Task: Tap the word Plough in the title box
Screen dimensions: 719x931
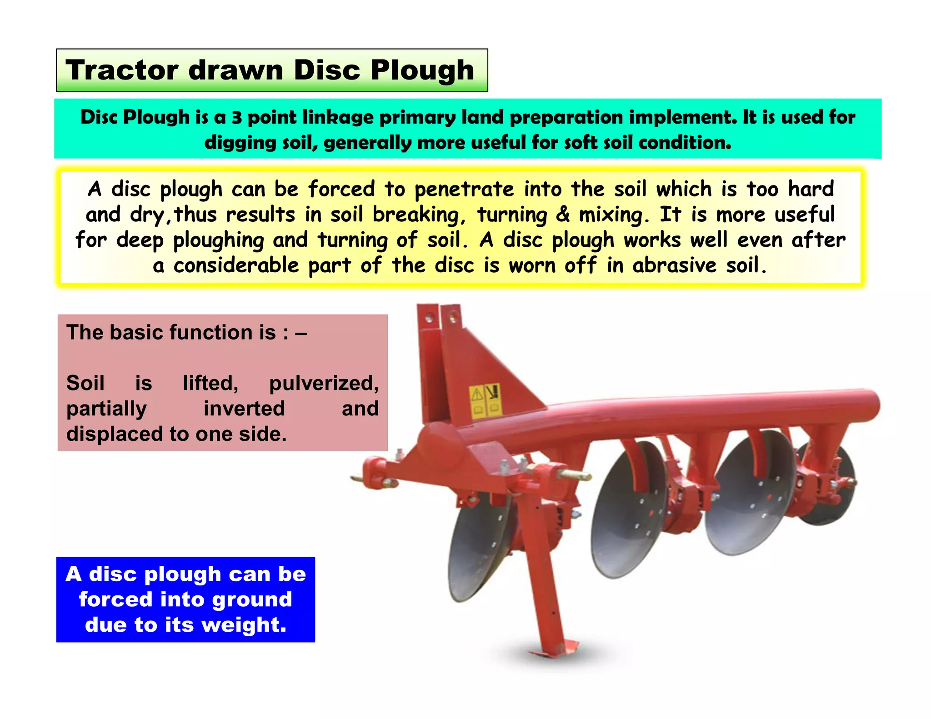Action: click(422, 71)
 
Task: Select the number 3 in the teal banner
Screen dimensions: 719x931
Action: click(236, 118)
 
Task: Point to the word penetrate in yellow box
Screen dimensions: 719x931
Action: click(464, 190)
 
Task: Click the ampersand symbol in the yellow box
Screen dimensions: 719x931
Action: click(563, 215)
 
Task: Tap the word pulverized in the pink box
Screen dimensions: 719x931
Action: click(324, 383)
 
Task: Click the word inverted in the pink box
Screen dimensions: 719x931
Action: click(244, 408)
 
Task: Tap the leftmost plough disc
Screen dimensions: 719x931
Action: click(477, 550)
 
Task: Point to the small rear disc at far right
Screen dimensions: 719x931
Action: click(832, 491)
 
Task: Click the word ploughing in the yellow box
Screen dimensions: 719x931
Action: click(218, 240)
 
